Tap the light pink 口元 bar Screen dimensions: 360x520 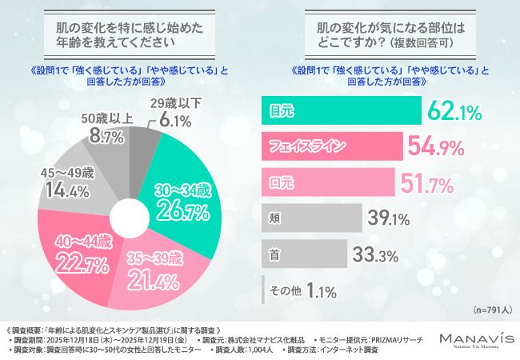coord(329,180)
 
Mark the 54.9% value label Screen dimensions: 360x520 coord(442,146)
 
